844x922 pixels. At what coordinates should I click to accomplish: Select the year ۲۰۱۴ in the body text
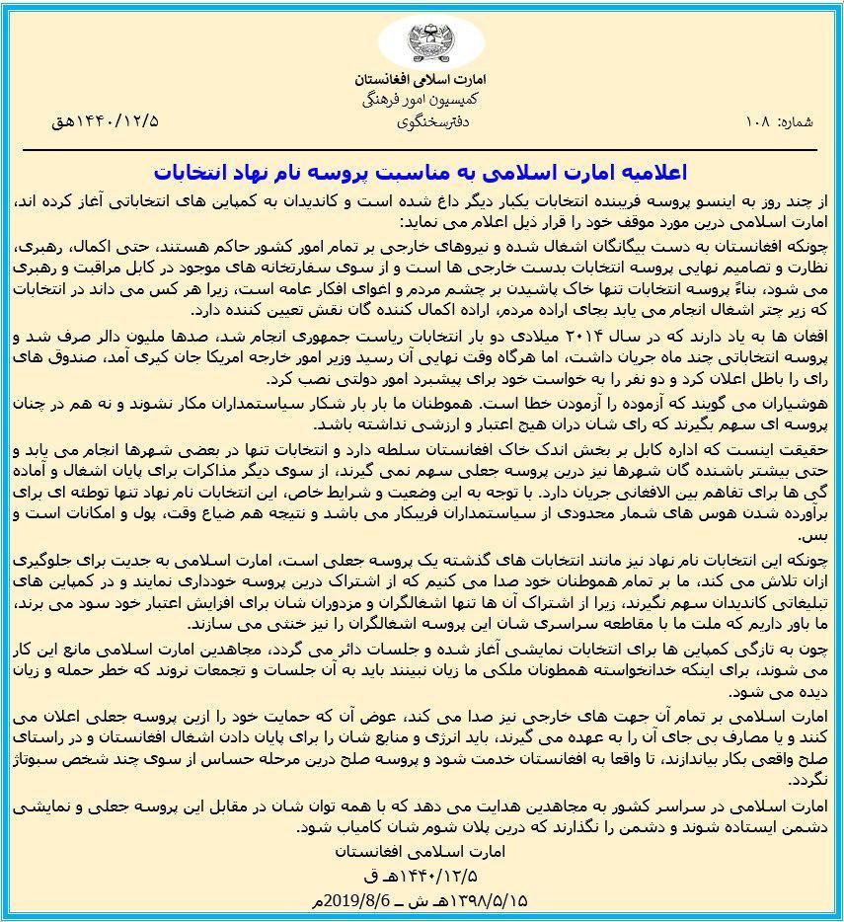point(599,332)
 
